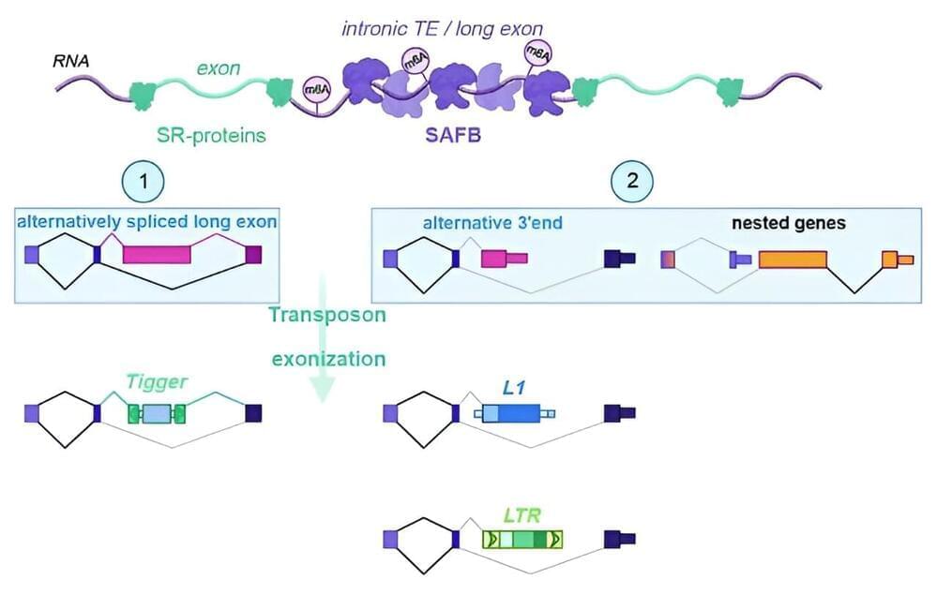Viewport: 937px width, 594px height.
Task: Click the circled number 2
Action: coord(631,180)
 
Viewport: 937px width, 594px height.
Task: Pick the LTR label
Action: coord(522,514)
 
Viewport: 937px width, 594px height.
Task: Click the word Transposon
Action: coord(326,315)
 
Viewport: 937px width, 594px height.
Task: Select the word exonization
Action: coord(327,358)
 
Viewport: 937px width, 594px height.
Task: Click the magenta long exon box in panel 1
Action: coord(157,254)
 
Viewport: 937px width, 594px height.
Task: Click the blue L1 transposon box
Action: coord(512,413)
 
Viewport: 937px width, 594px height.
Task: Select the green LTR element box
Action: coord(521,539)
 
